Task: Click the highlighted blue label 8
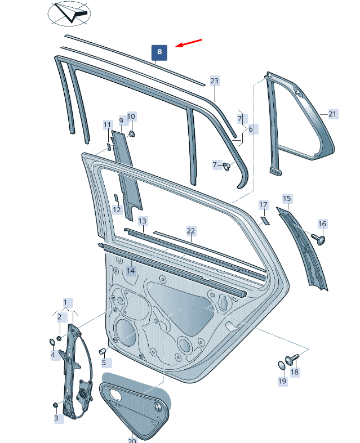(159, 52)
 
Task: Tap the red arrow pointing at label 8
(189, 43)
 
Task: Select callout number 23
(214, 81)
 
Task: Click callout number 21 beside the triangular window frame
(332, 114)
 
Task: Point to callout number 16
(322, 224)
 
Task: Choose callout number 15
(287, 199)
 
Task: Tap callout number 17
(263, 204)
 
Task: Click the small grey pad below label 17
(264, 220)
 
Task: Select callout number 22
(191, 231)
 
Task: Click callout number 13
(143, 221)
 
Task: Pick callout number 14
(131, 271)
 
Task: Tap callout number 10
(131, 117)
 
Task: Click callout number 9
(121, 121)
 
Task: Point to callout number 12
(117, 210)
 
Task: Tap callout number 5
(103, 363)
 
